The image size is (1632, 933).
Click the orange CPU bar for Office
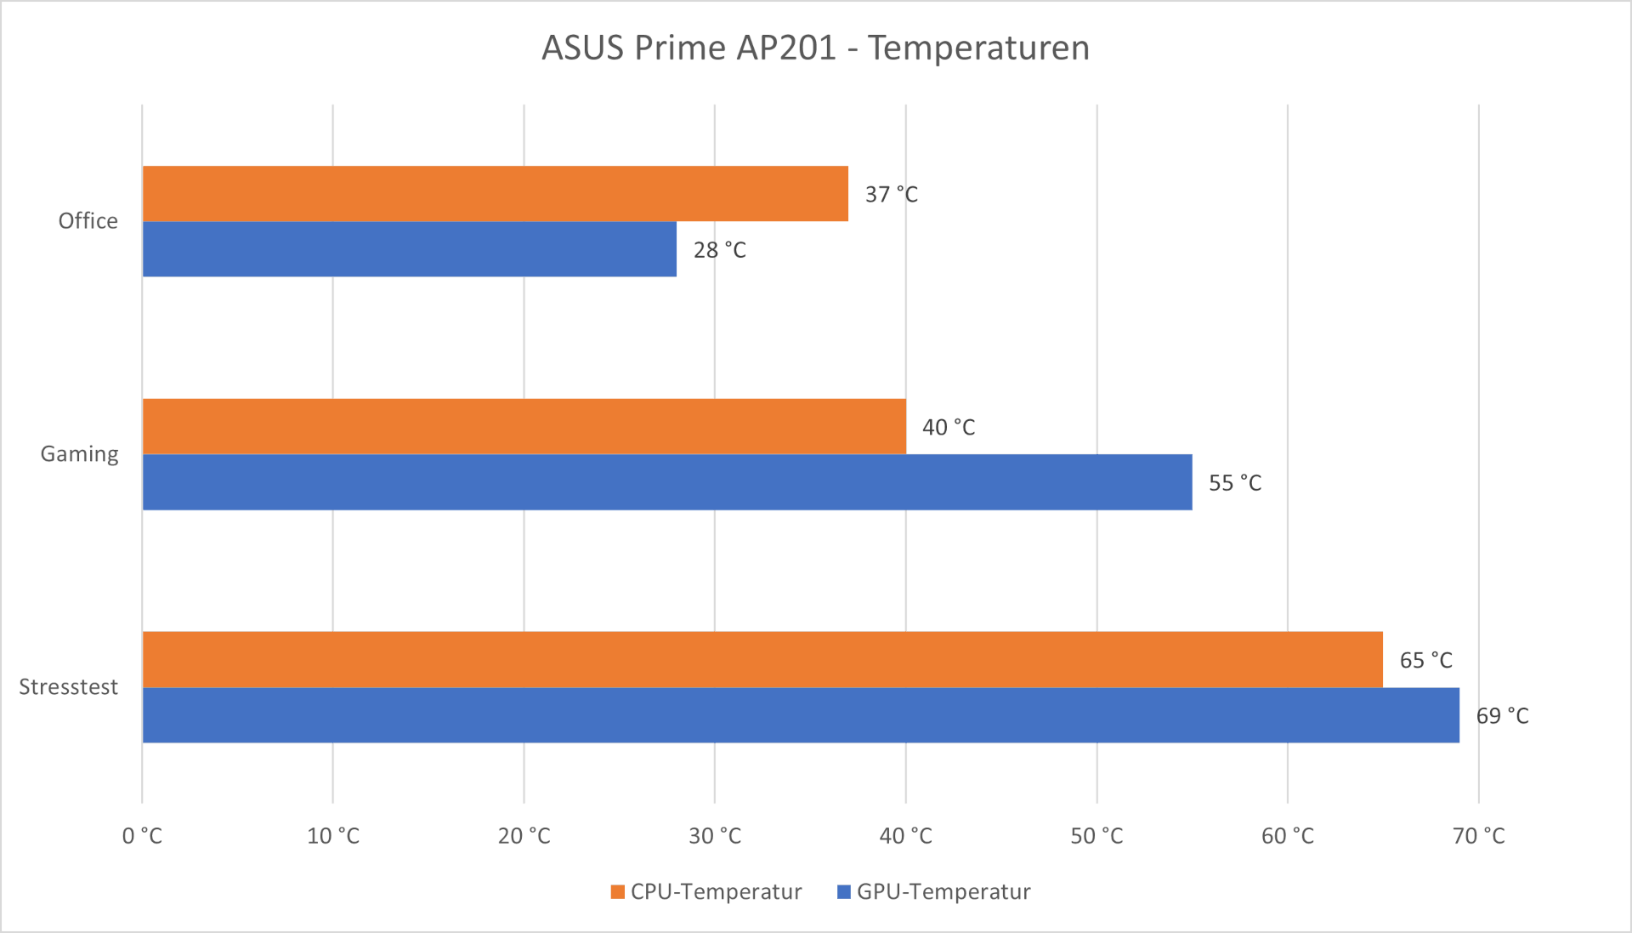point(495,194)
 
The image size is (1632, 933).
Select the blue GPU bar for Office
point(409,249)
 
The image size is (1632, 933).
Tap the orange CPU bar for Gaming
point(524,426)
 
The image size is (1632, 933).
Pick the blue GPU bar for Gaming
point(666,482)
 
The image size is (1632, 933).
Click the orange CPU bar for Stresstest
point(762,659)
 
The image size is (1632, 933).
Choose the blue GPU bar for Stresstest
point(800,715)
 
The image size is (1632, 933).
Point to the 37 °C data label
point(891,195)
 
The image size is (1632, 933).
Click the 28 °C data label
point(719,250)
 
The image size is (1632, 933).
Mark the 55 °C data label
point(1234,483)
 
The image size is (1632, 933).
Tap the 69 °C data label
point(1502,716)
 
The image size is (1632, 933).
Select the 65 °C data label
point(1425,660)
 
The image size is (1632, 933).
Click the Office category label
point(88,221)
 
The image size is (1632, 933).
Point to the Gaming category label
point(79,454)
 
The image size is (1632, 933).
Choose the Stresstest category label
point(68,687)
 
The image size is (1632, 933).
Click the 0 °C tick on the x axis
point(142,836)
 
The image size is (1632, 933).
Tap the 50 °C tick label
point(1096,836)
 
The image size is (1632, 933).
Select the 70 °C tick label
point(1478,836)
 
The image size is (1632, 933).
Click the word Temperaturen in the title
point(978,48)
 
